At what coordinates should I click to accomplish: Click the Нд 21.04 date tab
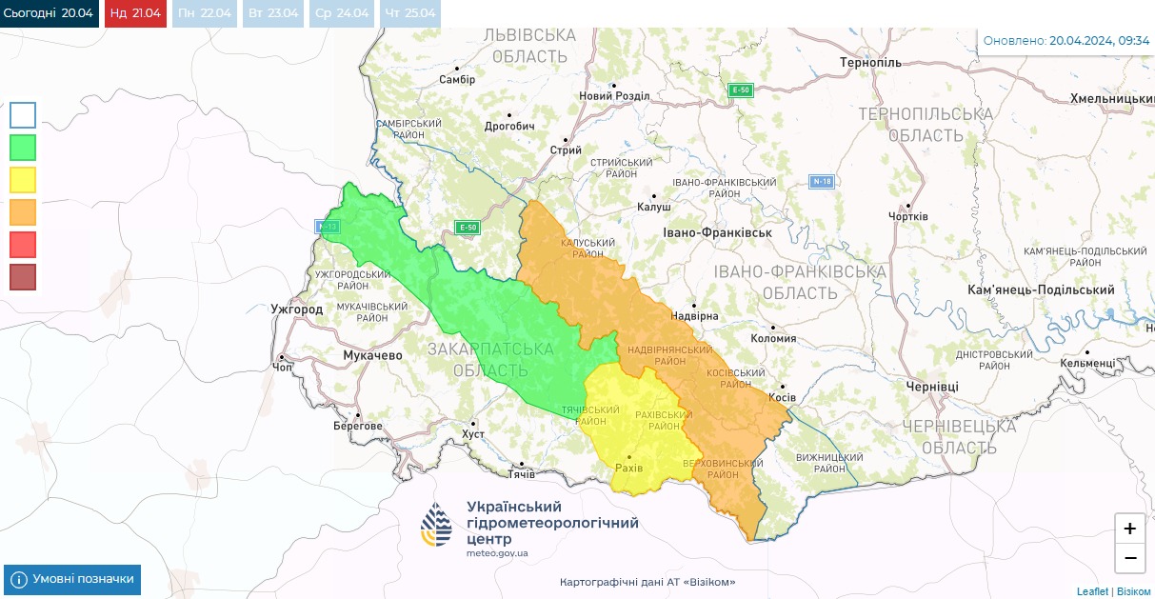tap(134, 13)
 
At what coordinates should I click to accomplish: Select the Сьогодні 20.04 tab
tap(50, 13)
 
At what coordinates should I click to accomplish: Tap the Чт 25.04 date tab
tap(410, 13)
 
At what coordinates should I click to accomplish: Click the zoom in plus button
tap(1129, 529)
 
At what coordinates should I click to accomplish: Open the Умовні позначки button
tap(72, 579)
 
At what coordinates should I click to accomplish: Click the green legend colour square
tap(23, 148)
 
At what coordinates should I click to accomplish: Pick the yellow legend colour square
tap(23, 180)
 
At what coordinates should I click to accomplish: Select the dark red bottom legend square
tap(23, 277)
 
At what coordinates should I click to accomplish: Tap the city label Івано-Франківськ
tap(717, 232)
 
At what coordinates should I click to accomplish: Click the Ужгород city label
tap(296, 309)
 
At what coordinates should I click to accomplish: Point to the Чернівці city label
tap(932, 386)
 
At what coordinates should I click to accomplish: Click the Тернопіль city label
tap(870, 63)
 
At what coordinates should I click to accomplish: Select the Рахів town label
tap(629, 469)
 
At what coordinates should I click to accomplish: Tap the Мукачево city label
tap(372, 355)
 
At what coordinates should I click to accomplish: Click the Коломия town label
tap(773, 338)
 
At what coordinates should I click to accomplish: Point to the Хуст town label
tap(472, 434)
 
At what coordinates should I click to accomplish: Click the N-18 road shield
tap(822, 181)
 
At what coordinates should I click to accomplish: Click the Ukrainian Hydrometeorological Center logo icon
tap(438, 526)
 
